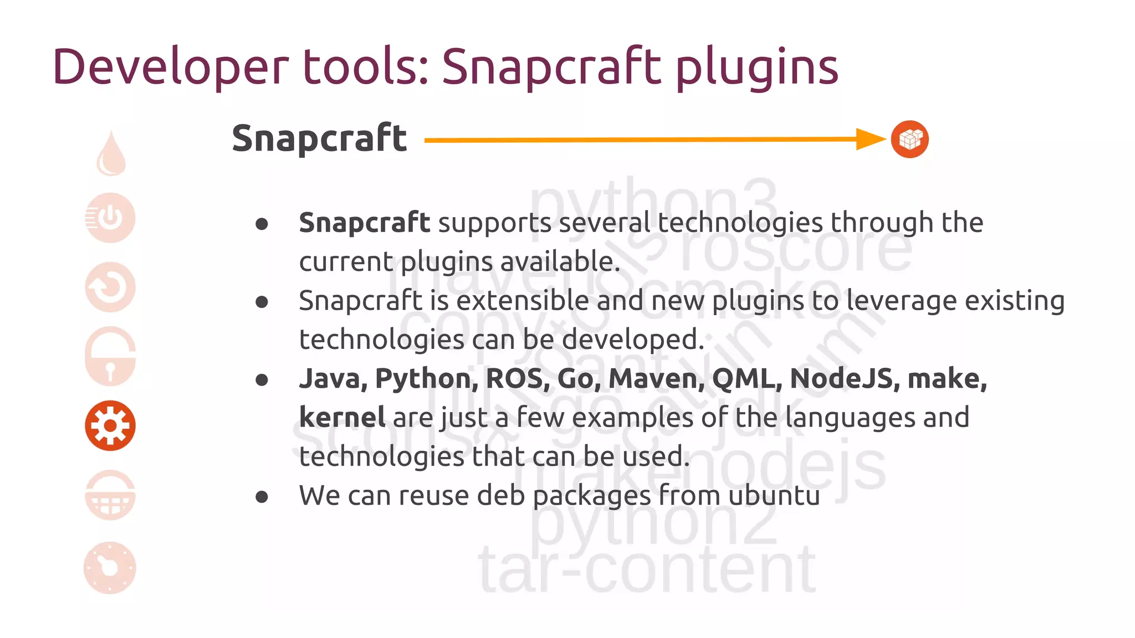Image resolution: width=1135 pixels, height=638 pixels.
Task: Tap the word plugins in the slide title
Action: tap(756, 68)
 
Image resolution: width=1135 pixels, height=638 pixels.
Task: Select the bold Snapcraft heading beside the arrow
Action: tap(319, 138)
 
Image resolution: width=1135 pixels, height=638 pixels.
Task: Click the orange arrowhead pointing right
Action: tap(870, 139)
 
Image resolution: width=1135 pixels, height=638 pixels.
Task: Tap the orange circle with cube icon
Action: tap(909, 139)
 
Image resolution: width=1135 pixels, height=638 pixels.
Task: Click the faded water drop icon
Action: tap(111, 154)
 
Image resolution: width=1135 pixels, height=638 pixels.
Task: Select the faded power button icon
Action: tap(110, 218)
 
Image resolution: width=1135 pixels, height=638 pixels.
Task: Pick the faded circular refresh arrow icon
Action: tap(110, 287)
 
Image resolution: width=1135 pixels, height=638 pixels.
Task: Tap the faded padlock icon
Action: tap(110, 357)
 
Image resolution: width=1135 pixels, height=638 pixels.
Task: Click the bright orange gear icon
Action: tap(110, 425)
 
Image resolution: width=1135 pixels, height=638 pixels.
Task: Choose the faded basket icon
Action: tap(110, 495)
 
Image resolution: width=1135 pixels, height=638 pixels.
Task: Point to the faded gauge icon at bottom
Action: tap(110, 568)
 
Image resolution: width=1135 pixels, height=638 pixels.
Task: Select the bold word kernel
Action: tap(342, 418)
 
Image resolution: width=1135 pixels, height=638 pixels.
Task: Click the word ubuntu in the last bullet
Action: tap(774, 496)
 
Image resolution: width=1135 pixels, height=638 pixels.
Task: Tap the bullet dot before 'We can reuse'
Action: tap(262, 497)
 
